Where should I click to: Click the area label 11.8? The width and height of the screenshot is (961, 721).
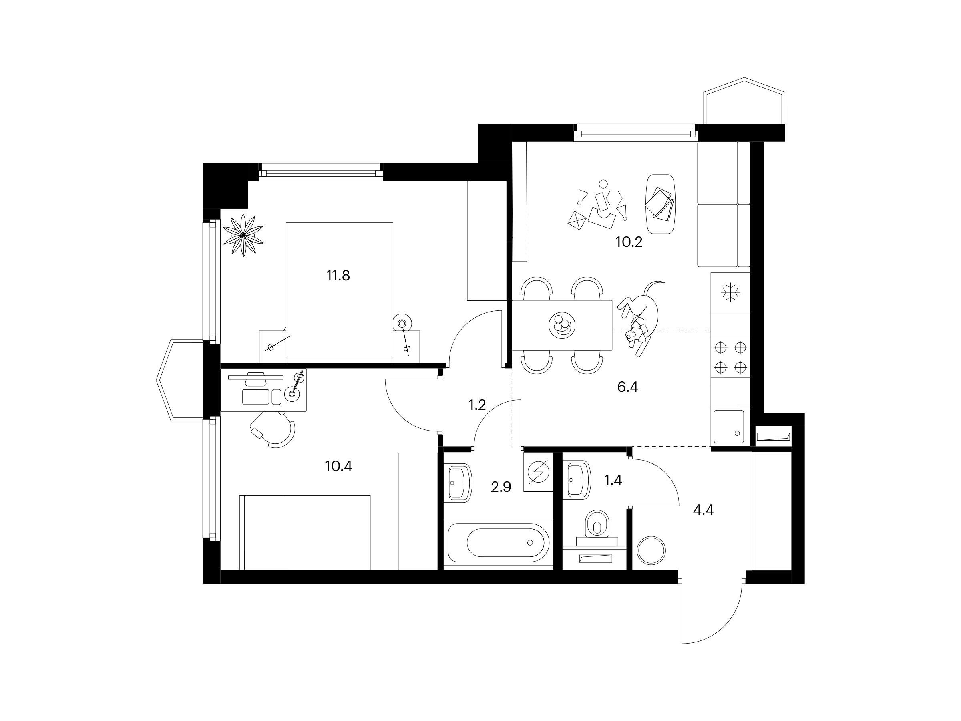pos(338,276)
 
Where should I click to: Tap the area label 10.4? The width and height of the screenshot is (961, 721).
pos(338,467)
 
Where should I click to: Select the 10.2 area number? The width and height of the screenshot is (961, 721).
pos(629,242)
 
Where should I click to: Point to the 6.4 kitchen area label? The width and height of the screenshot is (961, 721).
pos(627,387)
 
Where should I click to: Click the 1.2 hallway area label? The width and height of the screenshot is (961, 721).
pos(476,405)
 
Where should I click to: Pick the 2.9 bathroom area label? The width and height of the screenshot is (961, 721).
pos(501,487)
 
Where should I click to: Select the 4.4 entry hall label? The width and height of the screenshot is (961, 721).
pos(703,510)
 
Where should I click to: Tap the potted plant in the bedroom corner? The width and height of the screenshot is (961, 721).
pos(243,235)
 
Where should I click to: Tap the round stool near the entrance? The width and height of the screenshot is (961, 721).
pos(651,550)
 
